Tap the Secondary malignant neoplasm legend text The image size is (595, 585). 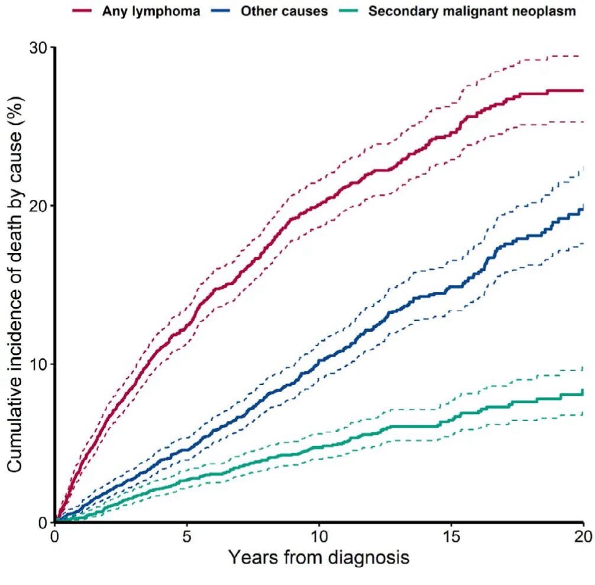point(471,11)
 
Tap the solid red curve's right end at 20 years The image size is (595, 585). point(583,91)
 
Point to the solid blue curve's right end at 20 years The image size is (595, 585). point(583,209)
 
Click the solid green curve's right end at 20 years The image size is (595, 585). point(583,392)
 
